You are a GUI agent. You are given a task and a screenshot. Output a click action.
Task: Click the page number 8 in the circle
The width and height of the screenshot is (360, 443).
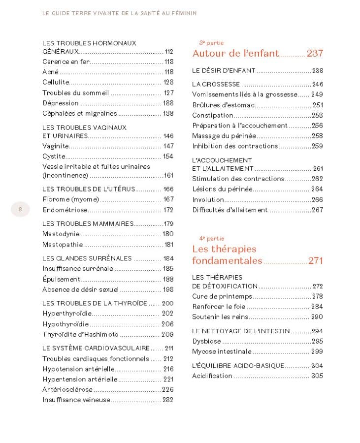20,209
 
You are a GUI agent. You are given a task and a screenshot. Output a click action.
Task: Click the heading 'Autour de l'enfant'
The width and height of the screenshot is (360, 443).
235,54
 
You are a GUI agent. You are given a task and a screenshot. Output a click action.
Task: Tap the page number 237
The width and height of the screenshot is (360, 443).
315,54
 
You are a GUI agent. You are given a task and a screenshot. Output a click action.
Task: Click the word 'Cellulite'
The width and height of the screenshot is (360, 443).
56,82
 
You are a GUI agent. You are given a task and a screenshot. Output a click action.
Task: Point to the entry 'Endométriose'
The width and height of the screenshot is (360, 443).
65,210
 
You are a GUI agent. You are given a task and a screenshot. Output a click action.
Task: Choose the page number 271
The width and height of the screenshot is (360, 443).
315,261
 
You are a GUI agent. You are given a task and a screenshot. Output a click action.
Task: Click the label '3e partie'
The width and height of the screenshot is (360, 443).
211,43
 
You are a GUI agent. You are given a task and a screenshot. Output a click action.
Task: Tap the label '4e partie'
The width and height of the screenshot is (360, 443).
211,238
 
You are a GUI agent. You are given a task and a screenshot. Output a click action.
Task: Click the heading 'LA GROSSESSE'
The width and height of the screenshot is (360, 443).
216,84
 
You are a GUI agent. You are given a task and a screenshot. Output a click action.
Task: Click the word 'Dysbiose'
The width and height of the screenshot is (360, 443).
206,341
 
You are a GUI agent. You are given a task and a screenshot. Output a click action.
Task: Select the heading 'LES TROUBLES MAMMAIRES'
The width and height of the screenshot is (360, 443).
88,223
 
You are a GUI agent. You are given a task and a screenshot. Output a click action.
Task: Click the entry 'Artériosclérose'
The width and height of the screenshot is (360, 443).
67,390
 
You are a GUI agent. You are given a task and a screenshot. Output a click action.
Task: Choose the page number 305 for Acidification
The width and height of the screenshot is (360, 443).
317,376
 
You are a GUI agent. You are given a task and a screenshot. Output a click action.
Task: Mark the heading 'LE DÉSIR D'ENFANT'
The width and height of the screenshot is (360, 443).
224,70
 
